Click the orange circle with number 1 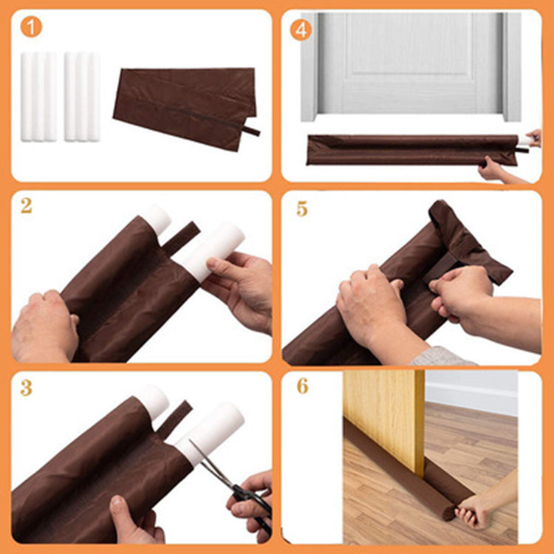pos(30,27)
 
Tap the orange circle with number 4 pos(301,30)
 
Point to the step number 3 pos(27,387)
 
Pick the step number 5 pos(301,208)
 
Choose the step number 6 pos(302,386)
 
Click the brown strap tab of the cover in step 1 pos(251,131)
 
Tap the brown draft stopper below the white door pos(414,149)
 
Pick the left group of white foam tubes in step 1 pos(38,96)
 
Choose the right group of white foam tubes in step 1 pos(81,96)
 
